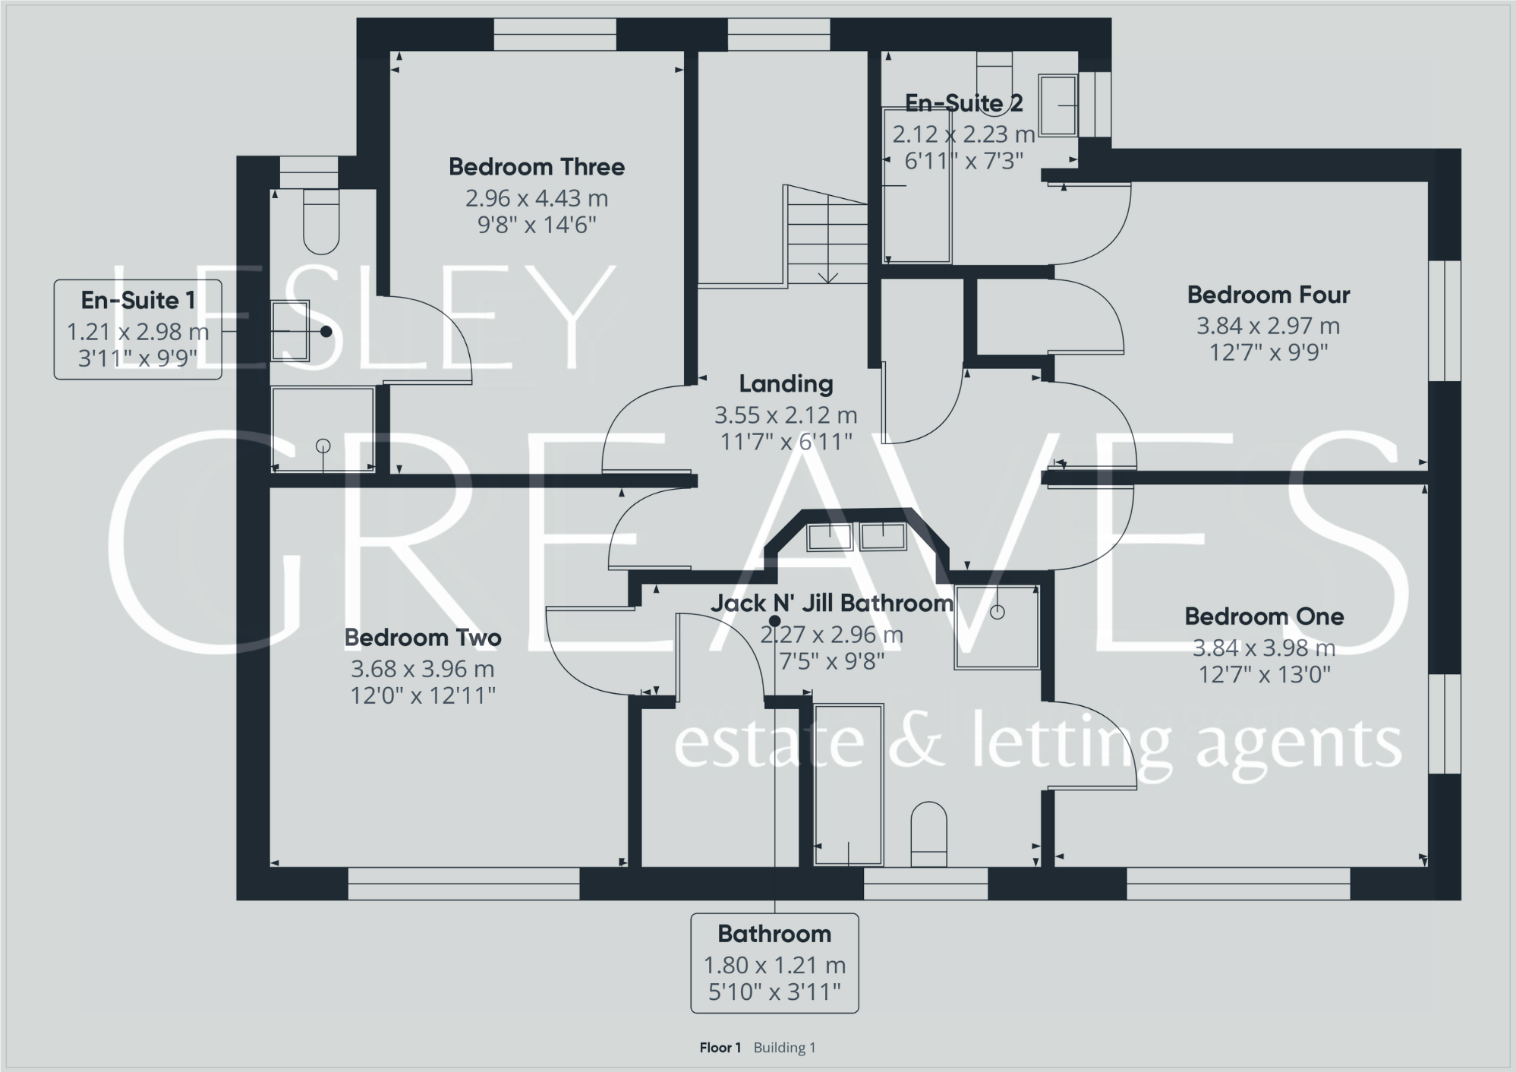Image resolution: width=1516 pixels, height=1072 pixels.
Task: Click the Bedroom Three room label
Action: [536, 167]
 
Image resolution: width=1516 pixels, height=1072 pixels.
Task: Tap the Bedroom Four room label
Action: [1268, 295]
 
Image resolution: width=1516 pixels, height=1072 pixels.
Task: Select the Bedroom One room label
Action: [1264, 616]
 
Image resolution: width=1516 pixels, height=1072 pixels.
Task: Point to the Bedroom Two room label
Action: [423, 638]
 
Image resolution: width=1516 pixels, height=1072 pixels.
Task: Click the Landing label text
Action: [786, 384]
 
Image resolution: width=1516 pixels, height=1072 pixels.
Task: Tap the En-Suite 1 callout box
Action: [137, 329]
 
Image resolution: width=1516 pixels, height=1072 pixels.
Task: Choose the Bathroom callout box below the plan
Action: [774, 963]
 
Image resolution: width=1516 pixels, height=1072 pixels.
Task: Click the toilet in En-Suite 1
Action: [321, 221]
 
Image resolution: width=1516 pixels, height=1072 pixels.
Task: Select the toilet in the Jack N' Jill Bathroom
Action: [928, 834]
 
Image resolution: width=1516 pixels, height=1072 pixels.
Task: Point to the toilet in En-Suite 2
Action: [994, 71]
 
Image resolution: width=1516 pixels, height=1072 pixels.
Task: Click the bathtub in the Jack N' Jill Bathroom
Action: [848, 785]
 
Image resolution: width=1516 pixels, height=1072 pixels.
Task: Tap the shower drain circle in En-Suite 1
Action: [323, 446]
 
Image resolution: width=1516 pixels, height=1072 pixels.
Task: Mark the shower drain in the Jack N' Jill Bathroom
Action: [998, 612]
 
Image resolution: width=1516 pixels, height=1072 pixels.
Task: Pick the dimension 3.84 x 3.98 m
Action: [1264, 648]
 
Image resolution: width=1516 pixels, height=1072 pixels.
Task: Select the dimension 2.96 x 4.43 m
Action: [536, 199]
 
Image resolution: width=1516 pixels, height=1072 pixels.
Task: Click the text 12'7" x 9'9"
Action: [1268, 352]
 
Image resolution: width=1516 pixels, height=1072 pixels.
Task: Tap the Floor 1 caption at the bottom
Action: [720, 1048]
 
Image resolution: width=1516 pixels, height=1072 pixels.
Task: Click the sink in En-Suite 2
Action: [1057, 105]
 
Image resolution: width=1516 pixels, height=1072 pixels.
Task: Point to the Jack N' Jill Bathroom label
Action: [831, 604]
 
